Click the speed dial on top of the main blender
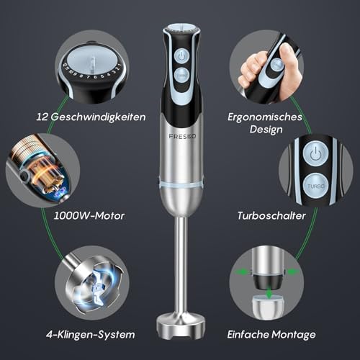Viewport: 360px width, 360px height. (180, 30)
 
